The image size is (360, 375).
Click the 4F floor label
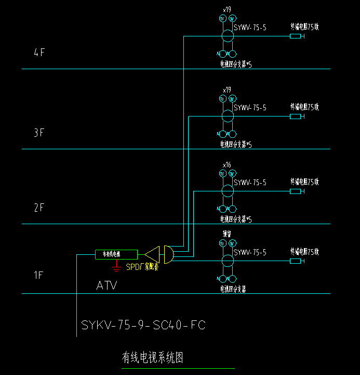click(39, 53)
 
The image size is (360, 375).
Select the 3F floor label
click(39, 133)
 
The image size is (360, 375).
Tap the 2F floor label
click(39, 208)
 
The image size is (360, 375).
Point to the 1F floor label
click(39, 275)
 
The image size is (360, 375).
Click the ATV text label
click(106, 286)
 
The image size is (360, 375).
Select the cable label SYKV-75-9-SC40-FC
click(143, 325)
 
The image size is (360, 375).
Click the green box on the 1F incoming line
click(116, 254)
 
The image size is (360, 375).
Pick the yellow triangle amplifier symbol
click(152, 254)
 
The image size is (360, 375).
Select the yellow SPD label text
click(143, 267)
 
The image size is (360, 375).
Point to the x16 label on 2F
click(227, 165)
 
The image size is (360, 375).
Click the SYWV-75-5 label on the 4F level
click(250, 27)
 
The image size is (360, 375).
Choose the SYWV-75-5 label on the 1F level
click(250, 252)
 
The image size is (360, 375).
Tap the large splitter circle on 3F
click(228, 116)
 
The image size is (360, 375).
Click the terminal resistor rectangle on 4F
click(296, 36)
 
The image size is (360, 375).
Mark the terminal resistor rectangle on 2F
click(296, 191)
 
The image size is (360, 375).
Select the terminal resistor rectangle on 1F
click(296, 261)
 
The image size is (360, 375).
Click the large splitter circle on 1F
click(228, 261)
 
